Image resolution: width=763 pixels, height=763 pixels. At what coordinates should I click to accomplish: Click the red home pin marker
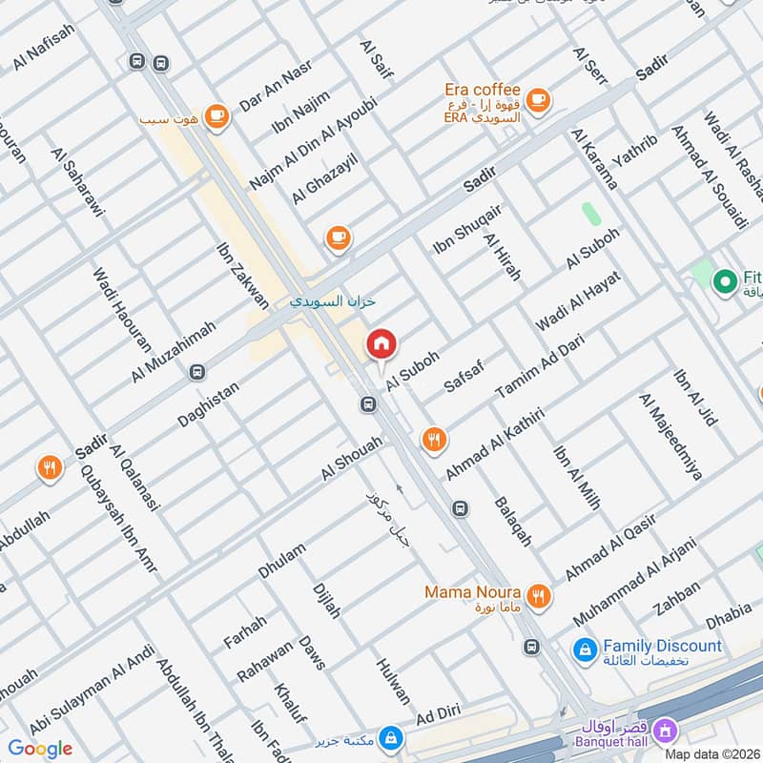pos(381,344)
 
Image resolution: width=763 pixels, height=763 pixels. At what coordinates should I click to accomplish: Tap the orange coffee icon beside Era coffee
pos(538,98)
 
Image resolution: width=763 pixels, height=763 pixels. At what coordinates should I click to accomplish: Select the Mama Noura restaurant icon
pos(539,595)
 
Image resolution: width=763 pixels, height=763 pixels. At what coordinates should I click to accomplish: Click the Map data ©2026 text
pos(711,753)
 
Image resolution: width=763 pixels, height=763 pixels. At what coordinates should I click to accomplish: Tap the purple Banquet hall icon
pos(667,730)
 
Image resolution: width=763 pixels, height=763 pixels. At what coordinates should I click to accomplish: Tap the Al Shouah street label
pos(351,459)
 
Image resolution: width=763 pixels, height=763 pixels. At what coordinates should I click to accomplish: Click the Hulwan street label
pos(393,680)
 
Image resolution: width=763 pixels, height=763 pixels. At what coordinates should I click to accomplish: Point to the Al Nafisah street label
pos(44,47)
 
